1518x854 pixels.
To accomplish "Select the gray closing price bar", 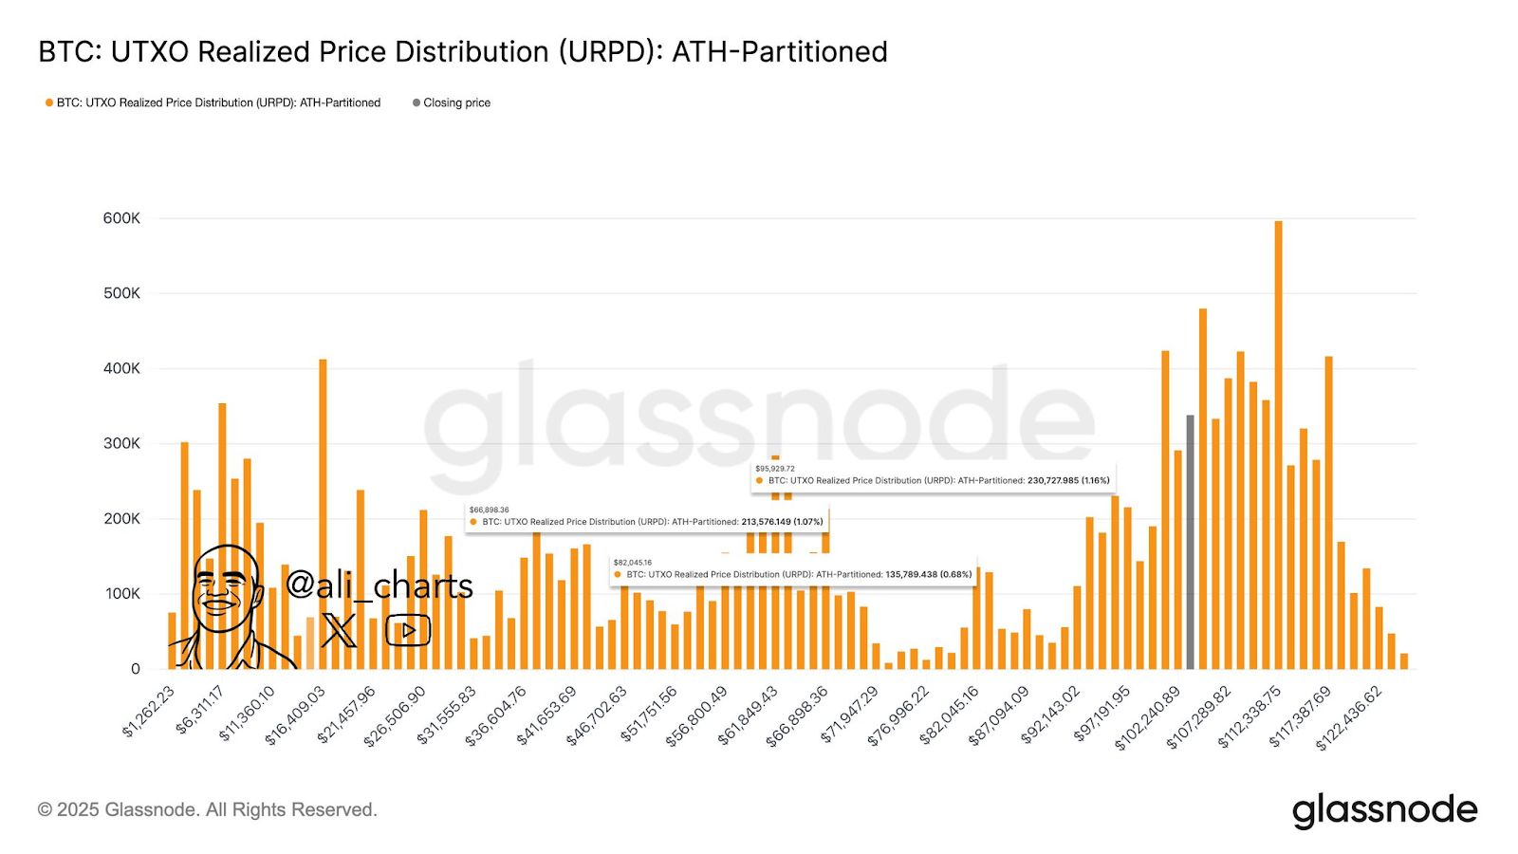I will pos(1190,542).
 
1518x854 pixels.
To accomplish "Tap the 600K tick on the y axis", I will pos(121,218).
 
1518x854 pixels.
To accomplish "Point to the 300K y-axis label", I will pos(121,443).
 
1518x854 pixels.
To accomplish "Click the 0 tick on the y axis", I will pos(135,669).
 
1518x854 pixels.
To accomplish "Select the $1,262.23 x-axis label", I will pos(149,712).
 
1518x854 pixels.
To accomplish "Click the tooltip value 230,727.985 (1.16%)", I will pos(1068,480).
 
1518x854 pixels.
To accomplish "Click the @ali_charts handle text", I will pos(379,585).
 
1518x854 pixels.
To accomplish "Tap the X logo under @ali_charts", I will pos(339,630).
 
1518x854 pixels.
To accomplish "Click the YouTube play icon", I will pos(408,630).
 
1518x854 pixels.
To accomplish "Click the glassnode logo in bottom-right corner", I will pos(1384,810).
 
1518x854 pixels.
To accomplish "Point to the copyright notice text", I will pos(208,809).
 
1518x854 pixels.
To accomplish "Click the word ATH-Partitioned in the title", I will pos(780,51).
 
